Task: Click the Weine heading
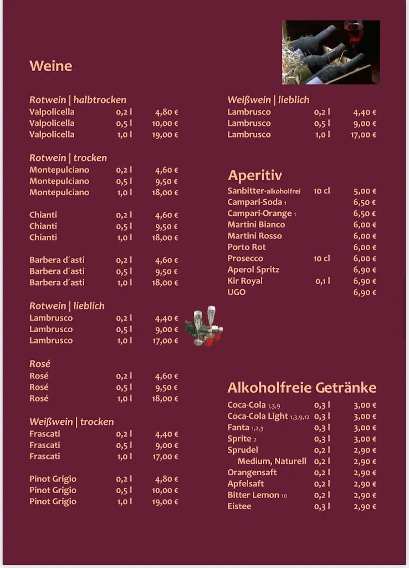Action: coord(50,66)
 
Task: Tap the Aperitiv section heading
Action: coord(254,175)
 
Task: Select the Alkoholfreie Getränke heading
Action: coord(301,387)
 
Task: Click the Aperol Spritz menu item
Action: coord(253,270)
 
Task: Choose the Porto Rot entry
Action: coord(247,247)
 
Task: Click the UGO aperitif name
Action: coord(236,292)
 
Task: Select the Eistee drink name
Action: coord(239,506)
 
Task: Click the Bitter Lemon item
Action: coord(253,495)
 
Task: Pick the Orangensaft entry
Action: coord(252,472)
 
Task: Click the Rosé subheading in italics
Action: coord(40,364)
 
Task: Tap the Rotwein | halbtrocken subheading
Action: coord(78,100)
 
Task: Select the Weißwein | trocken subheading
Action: coord(71,422)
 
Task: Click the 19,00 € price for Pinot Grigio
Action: coord(165,502)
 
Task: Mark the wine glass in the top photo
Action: coord(353,32)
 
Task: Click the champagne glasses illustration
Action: coord(204,326)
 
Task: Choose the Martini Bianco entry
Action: coord(256,225)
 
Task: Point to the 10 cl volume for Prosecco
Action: coord(321,258)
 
